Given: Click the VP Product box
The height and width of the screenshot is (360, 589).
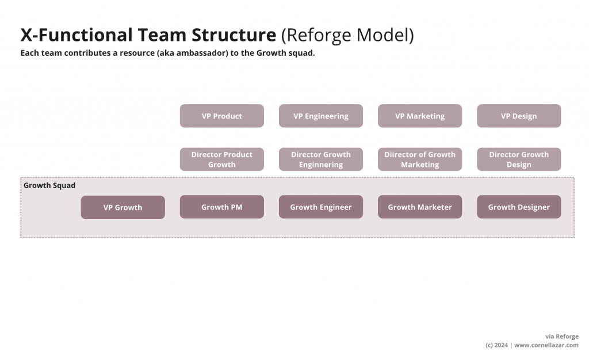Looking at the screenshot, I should click(221, 116).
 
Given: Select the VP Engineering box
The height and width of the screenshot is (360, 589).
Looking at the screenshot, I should click(320, 116).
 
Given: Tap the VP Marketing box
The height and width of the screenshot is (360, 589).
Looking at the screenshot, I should click(419, 116).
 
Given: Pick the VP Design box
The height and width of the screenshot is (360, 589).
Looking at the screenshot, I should click(518, 116).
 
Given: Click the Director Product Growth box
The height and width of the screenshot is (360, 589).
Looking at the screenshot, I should click(221, 159).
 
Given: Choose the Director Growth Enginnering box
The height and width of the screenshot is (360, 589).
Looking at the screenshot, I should click(320, 159).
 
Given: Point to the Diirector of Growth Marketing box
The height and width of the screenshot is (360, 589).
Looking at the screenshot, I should click(419, 159).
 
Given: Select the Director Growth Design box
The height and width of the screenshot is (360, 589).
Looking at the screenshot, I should click(518, 159).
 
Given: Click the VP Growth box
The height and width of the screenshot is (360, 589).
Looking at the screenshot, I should click(123, 208).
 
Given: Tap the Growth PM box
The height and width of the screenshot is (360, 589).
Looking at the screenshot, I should click(221, 207).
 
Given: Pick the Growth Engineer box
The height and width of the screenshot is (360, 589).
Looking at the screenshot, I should click(320, 207).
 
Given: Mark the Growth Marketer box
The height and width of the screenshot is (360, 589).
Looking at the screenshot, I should click(419, 207).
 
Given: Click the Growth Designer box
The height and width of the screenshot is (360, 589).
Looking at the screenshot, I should click(518, 207).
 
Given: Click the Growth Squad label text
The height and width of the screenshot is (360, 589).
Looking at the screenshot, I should click(49, 186).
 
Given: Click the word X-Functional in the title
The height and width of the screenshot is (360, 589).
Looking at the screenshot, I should click(76, 35).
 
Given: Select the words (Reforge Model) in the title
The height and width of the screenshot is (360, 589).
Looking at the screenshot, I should click(347, 36).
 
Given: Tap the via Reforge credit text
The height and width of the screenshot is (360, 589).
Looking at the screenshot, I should click(561, 336).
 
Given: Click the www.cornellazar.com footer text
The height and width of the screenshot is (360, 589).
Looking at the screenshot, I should click(546, 345).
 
